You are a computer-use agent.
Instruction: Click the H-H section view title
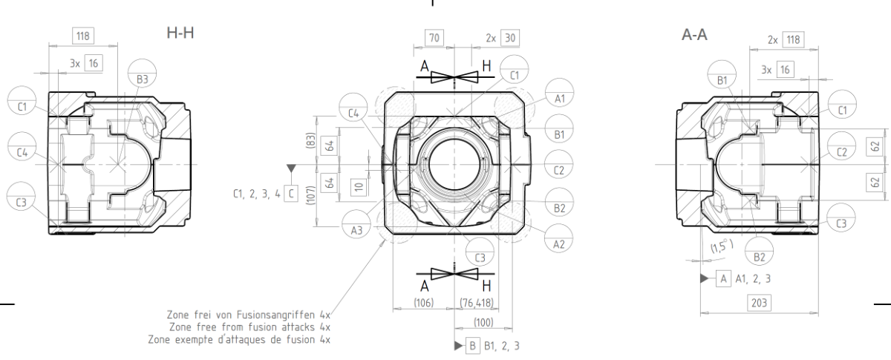(180, 33)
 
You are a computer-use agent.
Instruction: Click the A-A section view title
(694, 35)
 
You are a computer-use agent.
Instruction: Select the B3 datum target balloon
(142, 73)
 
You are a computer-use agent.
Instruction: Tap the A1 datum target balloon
(559, 93)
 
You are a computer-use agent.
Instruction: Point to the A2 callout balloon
(559, 238)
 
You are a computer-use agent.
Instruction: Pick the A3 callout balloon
(356, 224)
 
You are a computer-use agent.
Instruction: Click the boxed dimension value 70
(434, 38)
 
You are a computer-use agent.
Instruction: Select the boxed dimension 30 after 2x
(510, 38)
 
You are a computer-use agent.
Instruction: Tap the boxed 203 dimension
(759, 303)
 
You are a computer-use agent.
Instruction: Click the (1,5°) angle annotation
(722, 246)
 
